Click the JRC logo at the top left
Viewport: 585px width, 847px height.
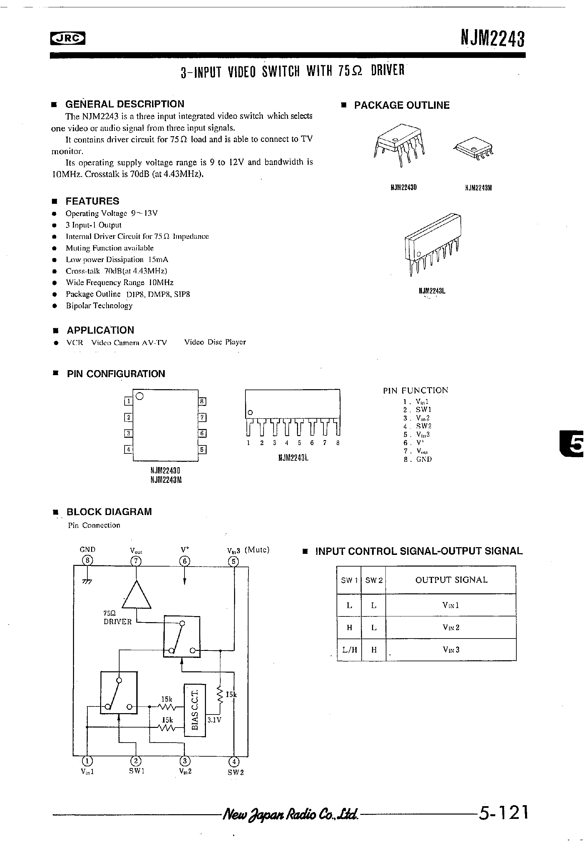point(68,38)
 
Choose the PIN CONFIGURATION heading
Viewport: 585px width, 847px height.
point(116,374)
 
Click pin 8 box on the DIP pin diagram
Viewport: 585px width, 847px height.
point(202,402)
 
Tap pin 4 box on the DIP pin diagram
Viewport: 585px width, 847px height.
point(128,449)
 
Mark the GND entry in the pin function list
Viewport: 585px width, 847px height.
point(424,459)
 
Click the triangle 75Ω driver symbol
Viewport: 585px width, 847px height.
point(136,595)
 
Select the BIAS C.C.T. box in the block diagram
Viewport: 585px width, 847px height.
point(195,709)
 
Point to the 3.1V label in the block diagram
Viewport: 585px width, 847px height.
point(214,720)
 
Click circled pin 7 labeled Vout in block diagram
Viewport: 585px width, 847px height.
point(136,561)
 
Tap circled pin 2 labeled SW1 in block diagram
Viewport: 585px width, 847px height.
point(136,761)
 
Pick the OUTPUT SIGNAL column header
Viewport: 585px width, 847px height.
point(451,580)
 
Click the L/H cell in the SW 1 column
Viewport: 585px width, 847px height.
point(349,650)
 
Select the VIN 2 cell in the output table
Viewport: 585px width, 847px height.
point(451,627)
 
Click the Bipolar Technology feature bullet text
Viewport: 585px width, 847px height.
point(99,306)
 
